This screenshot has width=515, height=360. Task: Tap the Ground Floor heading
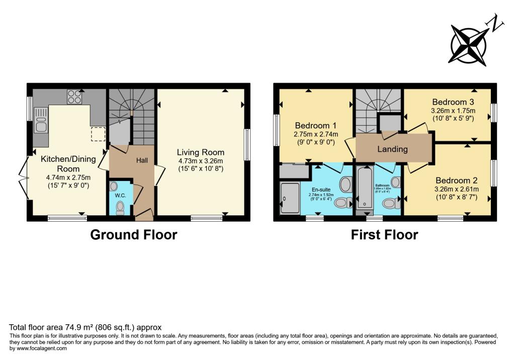133,234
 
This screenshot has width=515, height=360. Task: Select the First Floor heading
385,234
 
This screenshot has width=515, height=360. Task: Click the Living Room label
200,152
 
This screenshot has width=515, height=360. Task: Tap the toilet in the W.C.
120,208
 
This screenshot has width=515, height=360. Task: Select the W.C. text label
120,195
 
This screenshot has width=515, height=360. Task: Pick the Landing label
393,149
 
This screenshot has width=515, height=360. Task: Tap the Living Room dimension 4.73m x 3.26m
200,161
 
